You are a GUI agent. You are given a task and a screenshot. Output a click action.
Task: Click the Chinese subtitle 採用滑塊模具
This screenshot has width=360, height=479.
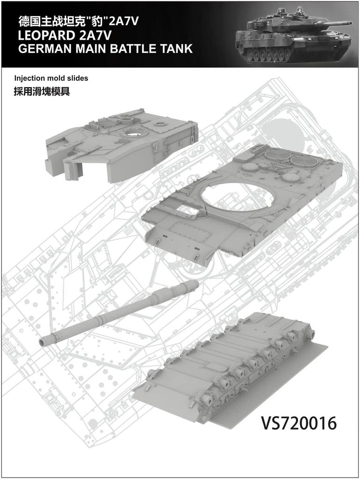(x=42, y=92)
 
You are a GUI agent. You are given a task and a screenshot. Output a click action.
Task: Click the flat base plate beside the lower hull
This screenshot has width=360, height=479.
(x=271, y=388)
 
